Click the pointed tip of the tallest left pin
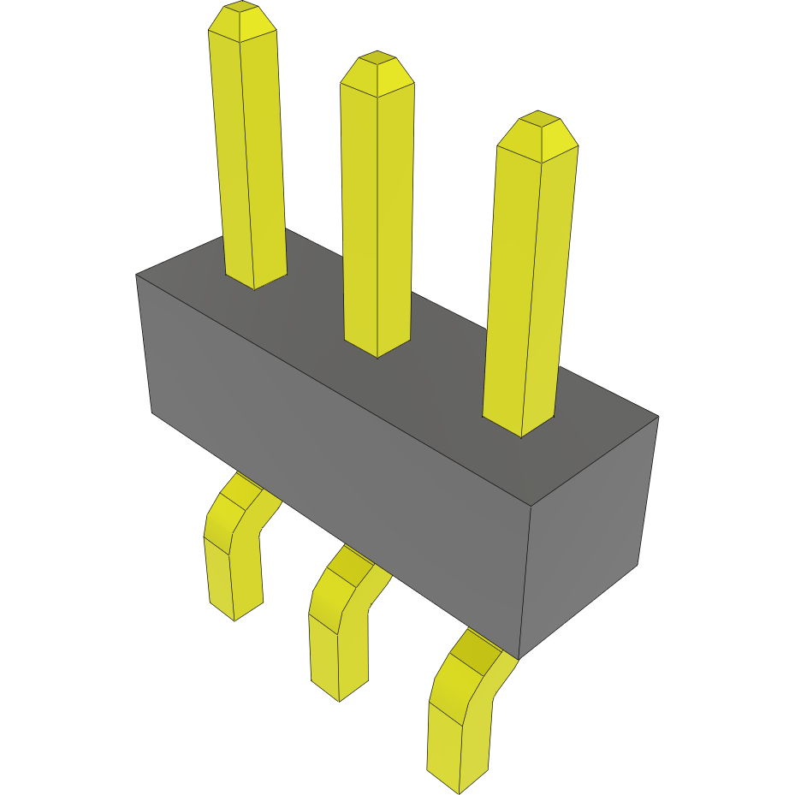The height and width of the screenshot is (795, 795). point(241,19)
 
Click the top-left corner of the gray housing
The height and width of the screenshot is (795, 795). point(137,276)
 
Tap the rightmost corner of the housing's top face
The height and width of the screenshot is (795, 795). point(658,417)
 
